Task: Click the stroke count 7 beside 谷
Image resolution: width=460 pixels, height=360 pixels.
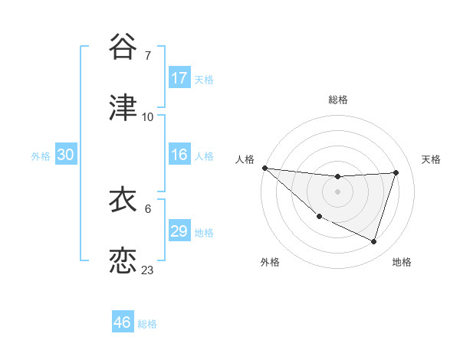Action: (x=148, y=56)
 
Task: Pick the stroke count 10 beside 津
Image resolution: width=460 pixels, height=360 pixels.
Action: (x=148, y=116)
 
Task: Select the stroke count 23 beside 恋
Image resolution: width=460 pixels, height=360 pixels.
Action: (x=148, y=270)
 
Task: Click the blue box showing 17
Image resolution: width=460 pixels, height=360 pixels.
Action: (x=179, y=77)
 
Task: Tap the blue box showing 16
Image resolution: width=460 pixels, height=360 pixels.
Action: (x=179, y=155)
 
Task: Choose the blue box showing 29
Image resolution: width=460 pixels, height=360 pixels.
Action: (x=179, y=231)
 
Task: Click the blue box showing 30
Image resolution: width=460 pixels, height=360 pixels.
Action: (x=66, y=155)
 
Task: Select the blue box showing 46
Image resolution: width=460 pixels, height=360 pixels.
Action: (x=123, y=322)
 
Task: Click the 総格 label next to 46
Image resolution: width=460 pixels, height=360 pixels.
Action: (x=147, y=324)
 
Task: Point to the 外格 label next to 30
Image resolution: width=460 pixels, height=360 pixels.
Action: (x=41, y=156)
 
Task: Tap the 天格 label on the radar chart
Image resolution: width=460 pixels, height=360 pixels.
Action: (x=432, y=159)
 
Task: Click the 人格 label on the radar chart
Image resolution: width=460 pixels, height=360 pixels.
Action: (x=245, y=159)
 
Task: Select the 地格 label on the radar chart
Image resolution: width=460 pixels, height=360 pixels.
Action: (x=402, y=262)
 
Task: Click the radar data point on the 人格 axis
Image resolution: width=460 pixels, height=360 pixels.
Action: (x=264, y=168)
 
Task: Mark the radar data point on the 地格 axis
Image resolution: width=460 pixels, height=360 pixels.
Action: (x=373, y=242)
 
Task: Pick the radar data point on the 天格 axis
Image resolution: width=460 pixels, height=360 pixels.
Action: (x=396, y=172)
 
